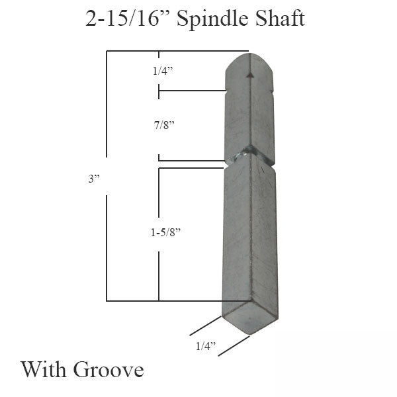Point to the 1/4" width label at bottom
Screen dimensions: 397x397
coord(206,345)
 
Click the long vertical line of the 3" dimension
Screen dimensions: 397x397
coord(107,179)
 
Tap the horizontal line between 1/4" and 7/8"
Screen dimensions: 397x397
coord(192,91)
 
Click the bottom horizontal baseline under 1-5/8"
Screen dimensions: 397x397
coord(165,301)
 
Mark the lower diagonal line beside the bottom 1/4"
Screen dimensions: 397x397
coord(234,345)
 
